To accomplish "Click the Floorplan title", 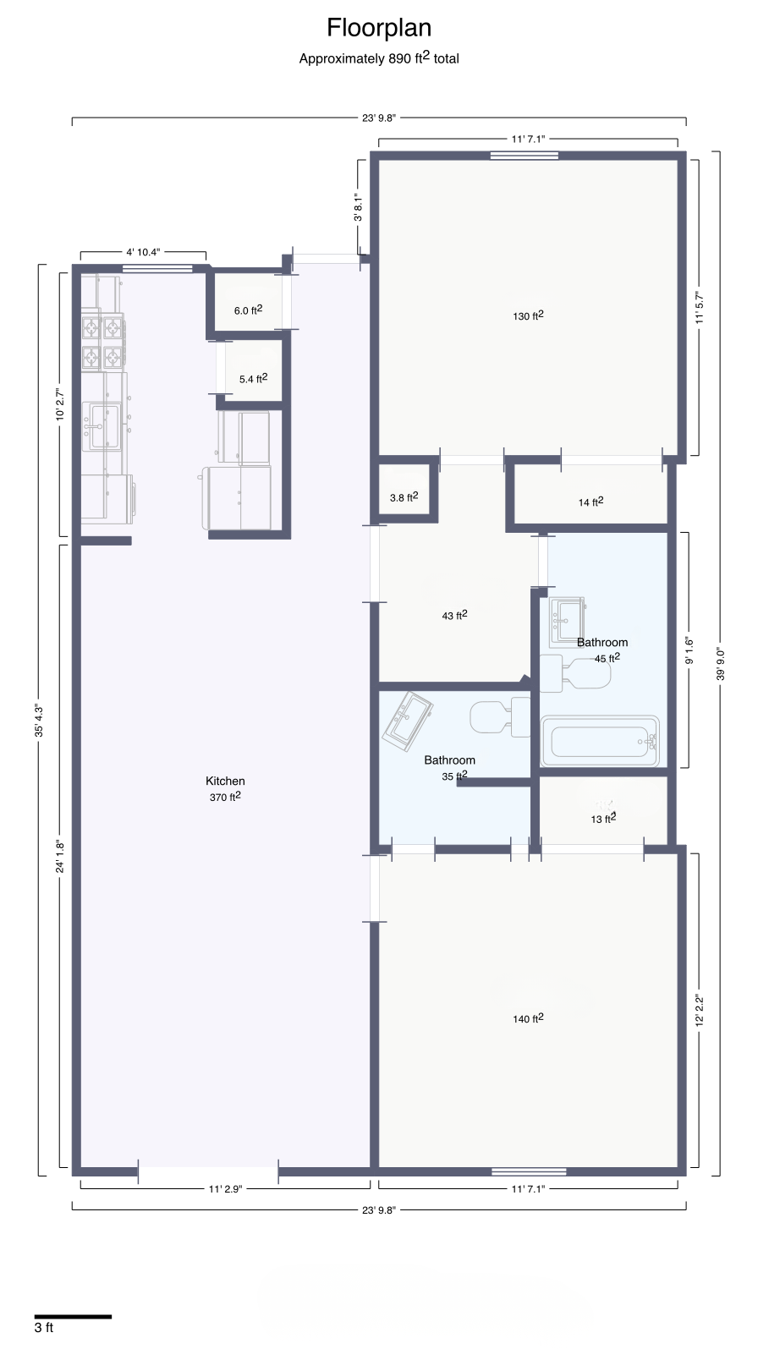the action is coord(379,28).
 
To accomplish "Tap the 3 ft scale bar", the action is coord(73,1317).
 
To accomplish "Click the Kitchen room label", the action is coord(225,781).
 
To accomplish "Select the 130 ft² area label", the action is coord(529,315).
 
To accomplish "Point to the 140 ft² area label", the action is coord(529,1018).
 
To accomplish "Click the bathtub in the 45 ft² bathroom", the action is coord(600,742).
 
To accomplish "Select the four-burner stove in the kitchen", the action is coord(103,342).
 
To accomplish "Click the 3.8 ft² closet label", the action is coord(404,497).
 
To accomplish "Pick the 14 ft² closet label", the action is coord(591,502).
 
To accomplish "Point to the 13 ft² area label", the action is coord(603,819).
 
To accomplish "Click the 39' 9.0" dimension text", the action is coord(721,664).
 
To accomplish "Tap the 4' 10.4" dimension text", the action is coord(144,252).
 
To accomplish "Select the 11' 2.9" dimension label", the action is coord(225,1189).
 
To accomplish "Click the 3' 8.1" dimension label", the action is coord(358,207).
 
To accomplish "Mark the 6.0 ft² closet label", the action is coord(248,310).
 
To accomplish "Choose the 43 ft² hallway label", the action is coord(455,616).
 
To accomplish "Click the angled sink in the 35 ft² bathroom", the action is coord(407,721).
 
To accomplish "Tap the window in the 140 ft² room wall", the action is coord(529,1171).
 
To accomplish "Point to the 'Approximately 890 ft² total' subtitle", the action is coord(379,58).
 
